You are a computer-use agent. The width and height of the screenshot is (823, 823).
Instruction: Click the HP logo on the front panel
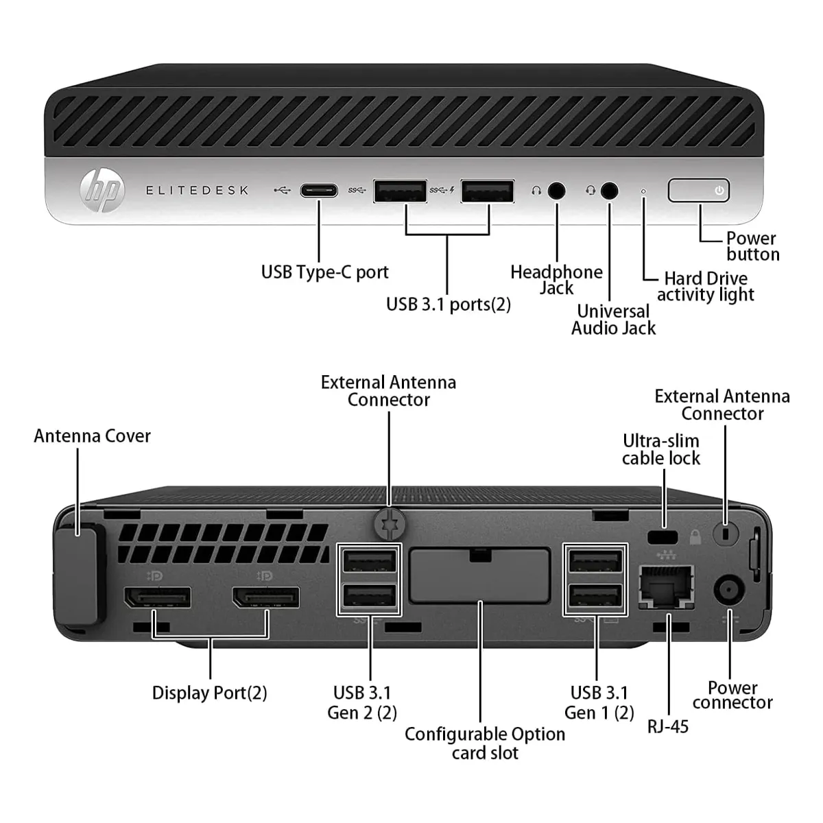[102, 190]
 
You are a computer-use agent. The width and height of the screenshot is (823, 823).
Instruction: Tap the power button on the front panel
[698, 191]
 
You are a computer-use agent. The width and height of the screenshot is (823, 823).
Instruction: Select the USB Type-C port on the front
[319, 191]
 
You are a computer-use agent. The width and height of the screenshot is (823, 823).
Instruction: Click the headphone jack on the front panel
[557, 191]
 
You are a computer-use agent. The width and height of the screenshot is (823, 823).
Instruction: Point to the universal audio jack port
[609, 191]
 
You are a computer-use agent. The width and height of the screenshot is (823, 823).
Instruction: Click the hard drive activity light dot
[643, 191]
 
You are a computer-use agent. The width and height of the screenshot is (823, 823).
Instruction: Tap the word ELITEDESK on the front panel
[197, 191]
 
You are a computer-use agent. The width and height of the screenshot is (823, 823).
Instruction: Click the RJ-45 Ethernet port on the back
[666, 587]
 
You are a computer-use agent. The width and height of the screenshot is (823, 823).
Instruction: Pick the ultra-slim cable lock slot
[663, 536]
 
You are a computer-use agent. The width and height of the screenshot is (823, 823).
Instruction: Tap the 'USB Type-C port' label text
[324, 272]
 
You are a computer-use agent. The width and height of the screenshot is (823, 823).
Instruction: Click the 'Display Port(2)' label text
[209, 693]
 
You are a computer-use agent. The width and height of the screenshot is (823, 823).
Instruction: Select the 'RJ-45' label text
[667, 726]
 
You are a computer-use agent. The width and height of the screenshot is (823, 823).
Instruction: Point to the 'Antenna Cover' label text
[92, 436]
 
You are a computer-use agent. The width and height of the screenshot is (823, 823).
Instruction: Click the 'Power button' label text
[752, 246]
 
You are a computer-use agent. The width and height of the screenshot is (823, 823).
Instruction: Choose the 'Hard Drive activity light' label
[705, 287]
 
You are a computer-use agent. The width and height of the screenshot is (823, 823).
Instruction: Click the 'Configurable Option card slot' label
[485, 743]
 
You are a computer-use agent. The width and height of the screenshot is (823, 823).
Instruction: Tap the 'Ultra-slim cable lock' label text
[661, 449]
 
